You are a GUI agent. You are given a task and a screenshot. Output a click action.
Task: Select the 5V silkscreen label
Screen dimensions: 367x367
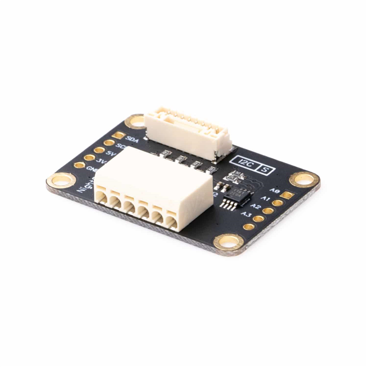coord(112,154)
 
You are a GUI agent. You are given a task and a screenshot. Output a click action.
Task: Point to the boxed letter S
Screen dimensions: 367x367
coord(266,169)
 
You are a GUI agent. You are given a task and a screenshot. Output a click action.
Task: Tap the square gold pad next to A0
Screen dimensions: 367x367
coord(287,196)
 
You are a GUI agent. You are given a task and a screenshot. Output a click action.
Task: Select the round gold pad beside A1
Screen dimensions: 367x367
coord(278,203)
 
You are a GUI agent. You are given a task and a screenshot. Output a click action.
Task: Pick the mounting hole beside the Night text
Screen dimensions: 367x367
coord(60,182)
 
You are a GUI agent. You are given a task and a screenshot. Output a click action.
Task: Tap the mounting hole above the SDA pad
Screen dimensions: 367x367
coord(136,120)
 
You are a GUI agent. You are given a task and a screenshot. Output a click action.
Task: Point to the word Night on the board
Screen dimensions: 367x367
coord(85,184)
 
